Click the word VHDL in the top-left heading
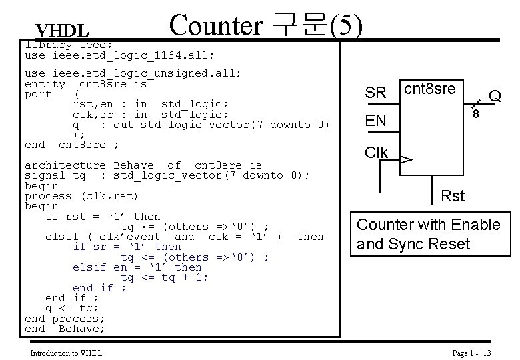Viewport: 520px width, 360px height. (x=62, y=31)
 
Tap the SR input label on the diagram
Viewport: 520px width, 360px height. (x=375, y=93)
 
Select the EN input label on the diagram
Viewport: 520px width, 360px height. (x=375, y=121)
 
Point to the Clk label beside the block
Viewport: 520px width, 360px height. (x=377, y=153)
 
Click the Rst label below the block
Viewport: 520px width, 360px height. (x=453, y=195)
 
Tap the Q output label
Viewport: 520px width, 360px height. (x=495, y=97)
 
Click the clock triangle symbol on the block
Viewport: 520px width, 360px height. (x=405, y=160)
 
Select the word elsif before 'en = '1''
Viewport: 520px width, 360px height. (x=89, y=267)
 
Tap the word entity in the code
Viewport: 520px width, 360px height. (x=45, y=83)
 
